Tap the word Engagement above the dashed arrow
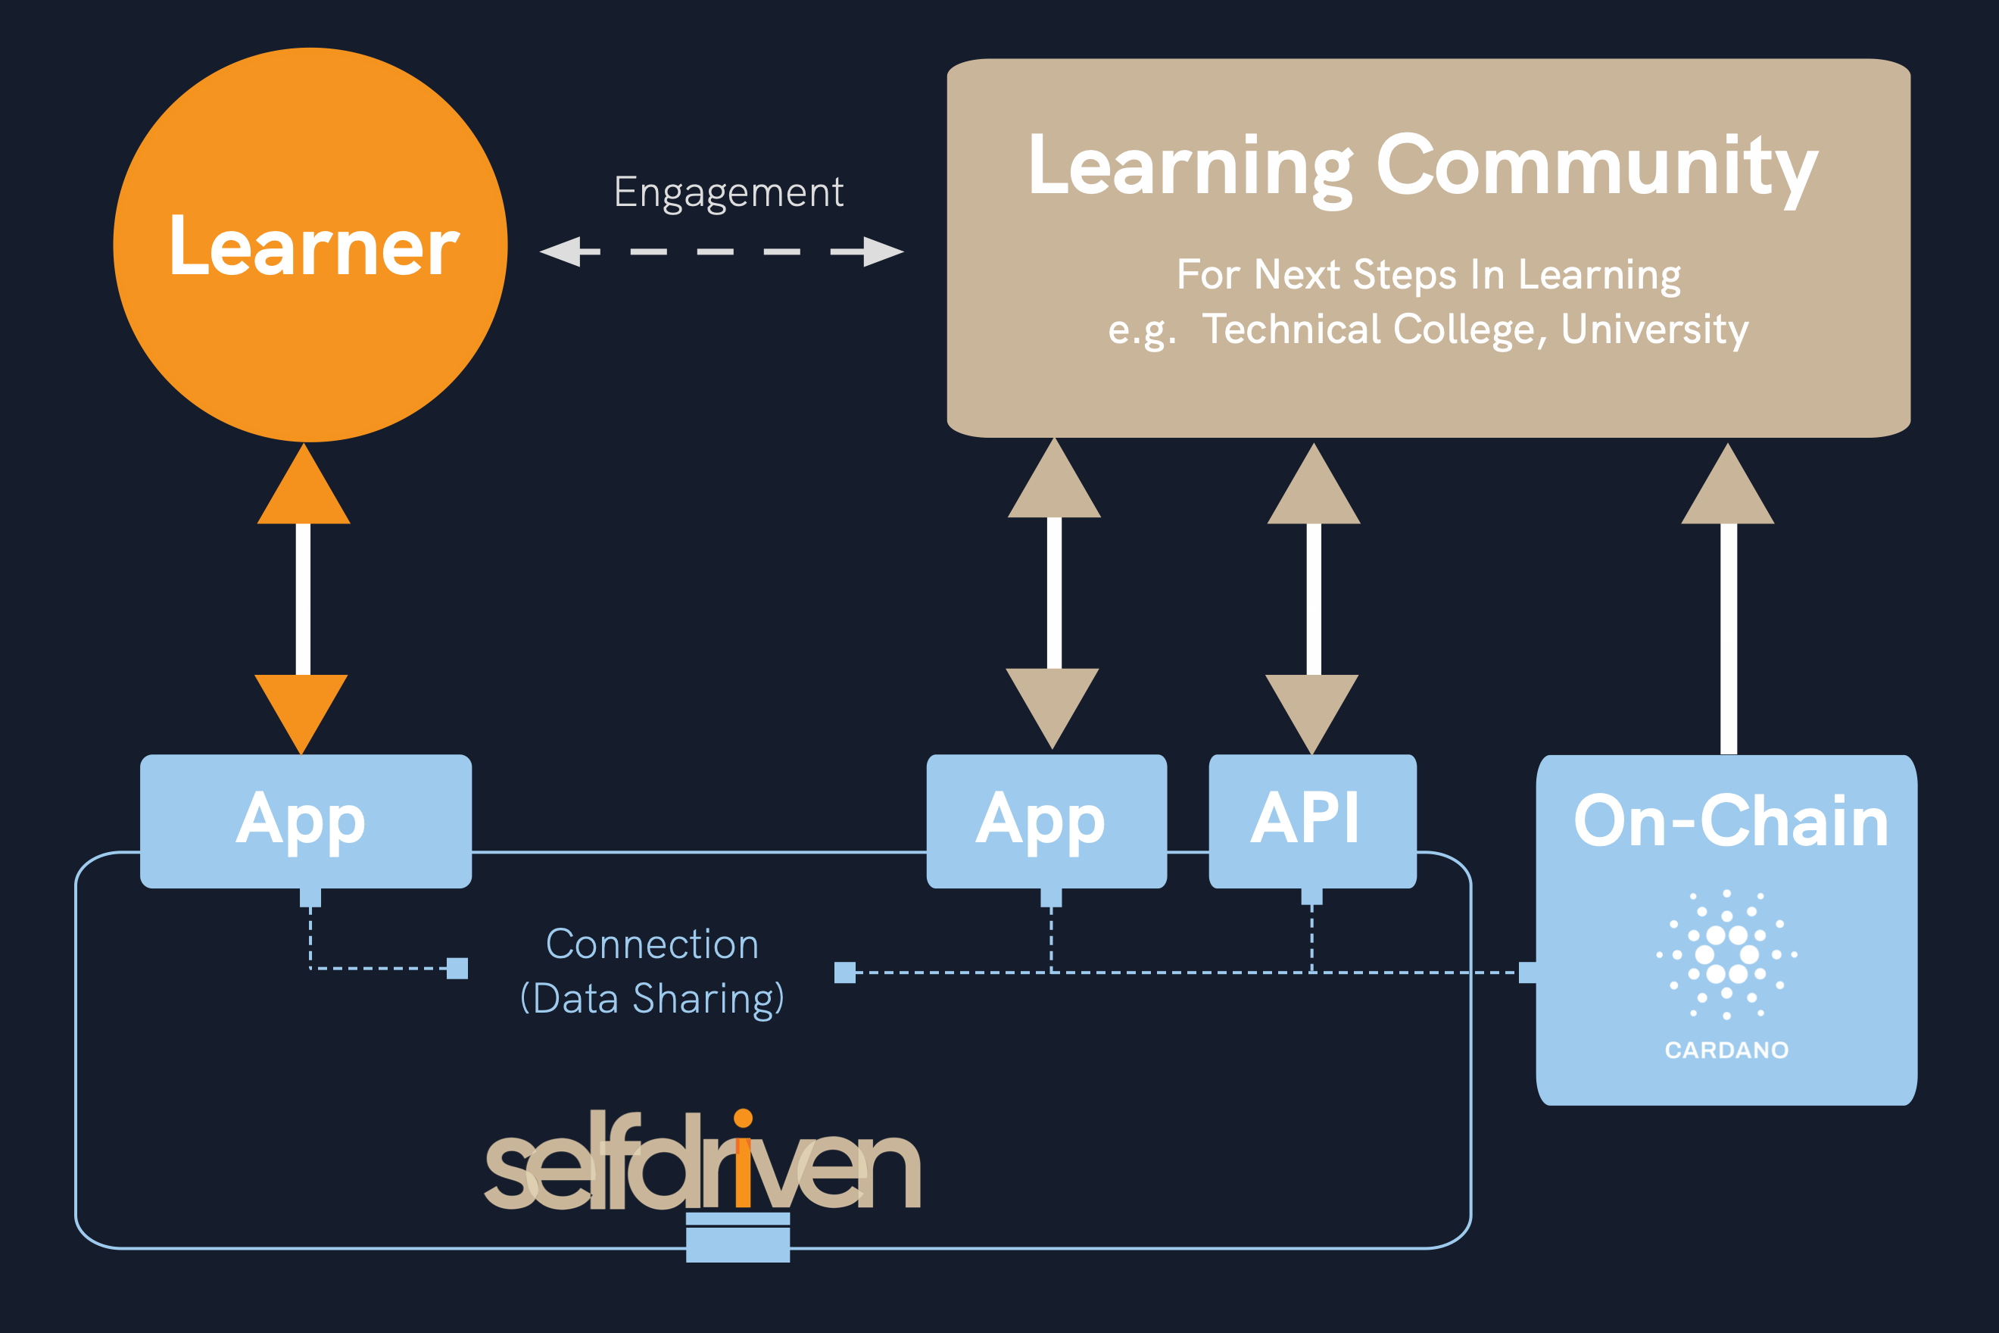coord(728,193)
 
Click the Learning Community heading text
coord(1422,166)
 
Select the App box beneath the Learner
coord(305,820)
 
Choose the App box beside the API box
coord(1046,820)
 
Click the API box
coord(1311,820)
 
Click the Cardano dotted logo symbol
coord(1726,954)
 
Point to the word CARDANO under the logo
coord(1726,1050)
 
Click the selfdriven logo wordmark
coord(702,1164)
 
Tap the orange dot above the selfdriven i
coord(743,1118)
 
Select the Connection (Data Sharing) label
coord(652,971)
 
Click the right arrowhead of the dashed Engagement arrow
coord(882,251)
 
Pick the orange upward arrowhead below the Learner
coord(304,489)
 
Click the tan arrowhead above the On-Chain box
coord(1727,489)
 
